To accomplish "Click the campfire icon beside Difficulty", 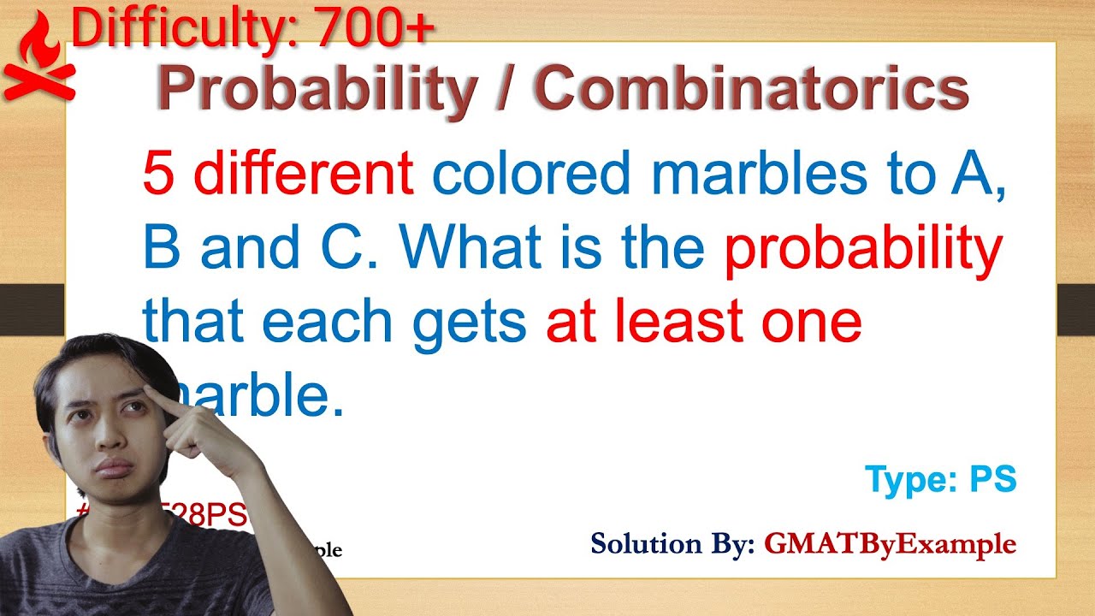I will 38,60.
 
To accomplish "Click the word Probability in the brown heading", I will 316,90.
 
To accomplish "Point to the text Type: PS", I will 940,481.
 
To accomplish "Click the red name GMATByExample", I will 890,543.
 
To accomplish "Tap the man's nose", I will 109,436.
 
